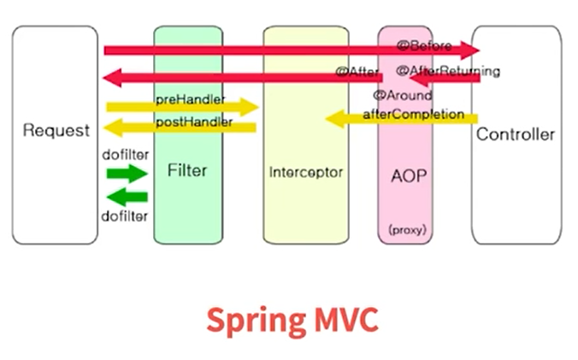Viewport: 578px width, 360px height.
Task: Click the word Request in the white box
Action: [56, 131]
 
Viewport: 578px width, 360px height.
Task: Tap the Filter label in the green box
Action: [187, 170]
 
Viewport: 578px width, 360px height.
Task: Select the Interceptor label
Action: [305, 172]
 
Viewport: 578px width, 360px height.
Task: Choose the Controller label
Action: [516, 134]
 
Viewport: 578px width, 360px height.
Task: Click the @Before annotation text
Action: [424, 46]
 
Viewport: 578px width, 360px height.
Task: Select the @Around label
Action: [403, 95]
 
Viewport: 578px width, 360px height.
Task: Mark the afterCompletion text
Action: [414, 114]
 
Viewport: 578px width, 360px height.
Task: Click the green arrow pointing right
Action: [127, 174]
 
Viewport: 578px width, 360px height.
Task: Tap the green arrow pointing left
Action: [127, 199]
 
